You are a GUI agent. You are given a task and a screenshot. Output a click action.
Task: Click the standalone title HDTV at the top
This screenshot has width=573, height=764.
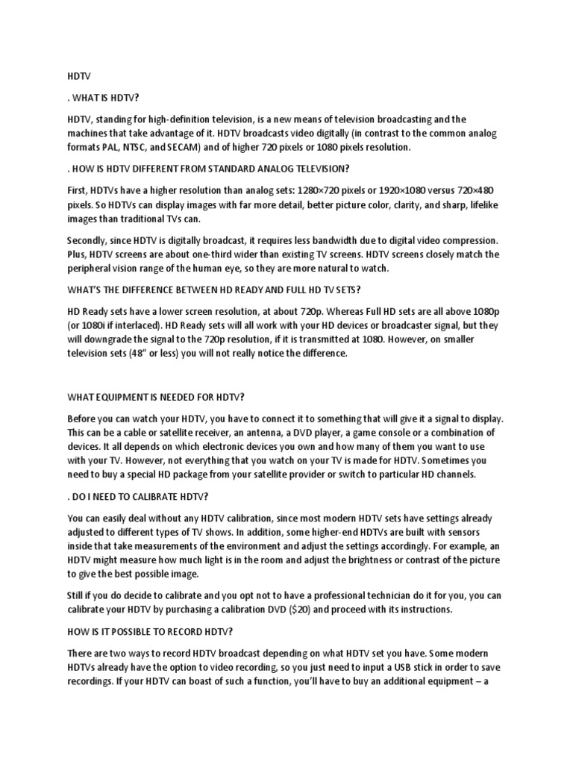77,75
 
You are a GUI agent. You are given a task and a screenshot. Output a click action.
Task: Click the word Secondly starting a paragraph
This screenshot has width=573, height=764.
90,241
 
